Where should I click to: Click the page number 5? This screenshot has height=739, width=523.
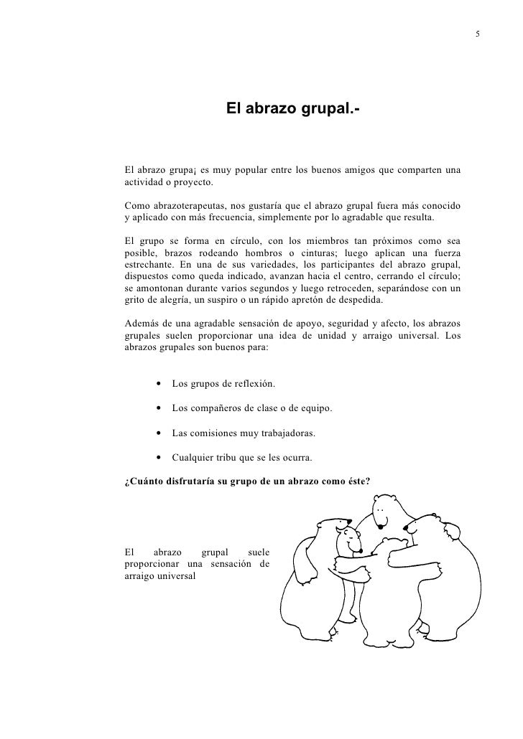click(478, 35)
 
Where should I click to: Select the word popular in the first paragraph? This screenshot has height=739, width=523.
click(234, 170)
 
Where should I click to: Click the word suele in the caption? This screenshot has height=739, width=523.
click(258, 553)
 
